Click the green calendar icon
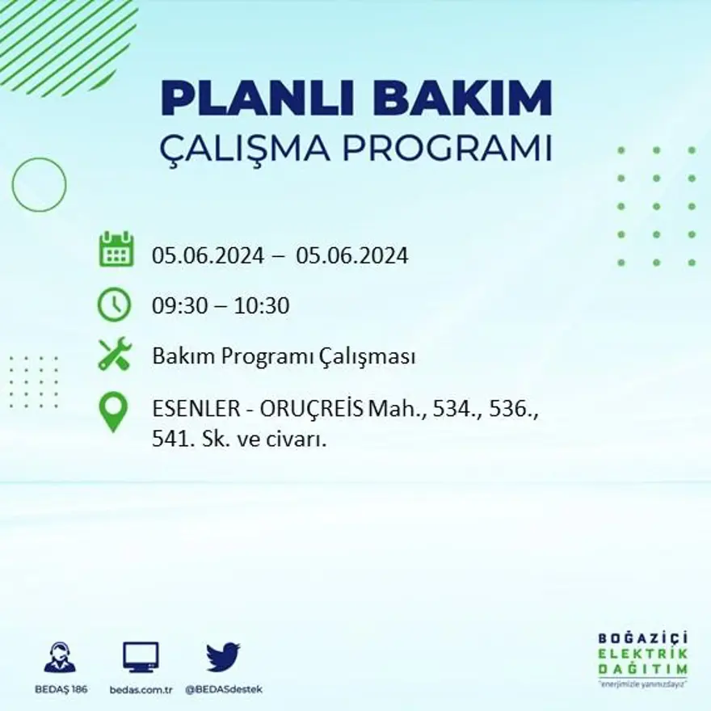pos(116,250)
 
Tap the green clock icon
pos(114,305)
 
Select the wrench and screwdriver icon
pos(115,354)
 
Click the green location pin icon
pos(113,410)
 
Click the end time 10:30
pos(262,306)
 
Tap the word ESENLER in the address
pos(196,410)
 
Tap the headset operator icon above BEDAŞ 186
pos(60,658)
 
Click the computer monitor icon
pos(141,656)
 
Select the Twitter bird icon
pos(223,656)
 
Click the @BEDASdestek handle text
pos(224,689)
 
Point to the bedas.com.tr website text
pos(141,689)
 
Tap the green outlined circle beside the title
pos(39,184)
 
